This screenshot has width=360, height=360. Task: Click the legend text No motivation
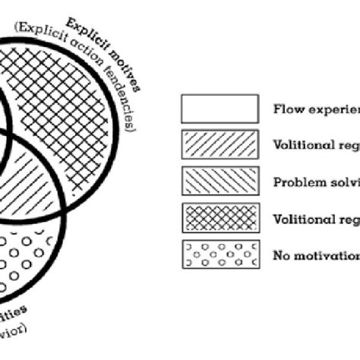click(x=315, y=255)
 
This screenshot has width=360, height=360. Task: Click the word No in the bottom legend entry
click(x=280, y=255)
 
